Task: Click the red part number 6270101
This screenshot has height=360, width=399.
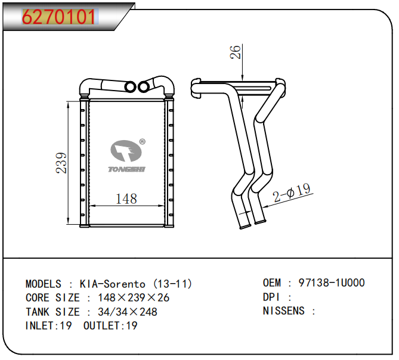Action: point(59,17)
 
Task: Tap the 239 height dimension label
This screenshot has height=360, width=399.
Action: point(61,163)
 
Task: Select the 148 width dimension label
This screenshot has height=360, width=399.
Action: point(126,199)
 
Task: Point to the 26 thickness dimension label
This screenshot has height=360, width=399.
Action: point(235,52)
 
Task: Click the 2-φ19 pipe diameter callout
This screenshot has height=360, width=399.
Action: point(292,193)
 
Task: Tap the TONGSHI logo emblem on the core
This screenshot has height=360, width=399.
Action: point(126,151)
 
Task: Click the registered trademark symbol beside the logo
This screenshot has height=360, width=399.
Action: point(143,142)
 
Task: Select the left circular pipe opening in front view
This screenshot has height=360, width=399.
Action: point(131,86)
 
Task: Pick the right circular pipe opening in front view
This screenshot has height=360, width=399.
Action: point(144,87)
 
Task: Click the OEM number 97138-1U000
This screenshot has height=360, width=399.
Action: point(332,283)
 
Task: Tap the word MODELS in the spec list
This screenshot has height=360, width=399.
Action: point(44,284)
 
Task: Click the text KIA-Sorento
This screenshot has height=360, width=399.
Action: point(113,284)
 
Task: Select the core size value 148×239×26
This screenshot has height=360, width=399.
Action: point(134,297)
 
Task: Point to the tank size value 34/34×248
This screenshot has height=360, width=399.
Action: point(128,312)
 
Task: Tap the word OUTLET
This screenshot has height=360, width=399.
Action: point(101,325)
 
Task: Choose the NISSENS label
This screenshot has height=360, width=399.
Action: point(283,311)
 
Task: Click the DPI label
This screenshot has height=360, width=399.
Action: point(271,297)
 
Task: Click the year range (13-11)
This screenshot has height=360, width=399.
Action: point(173,284)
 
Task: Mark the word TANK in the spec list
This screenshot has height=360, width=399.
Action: point(38,312)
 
